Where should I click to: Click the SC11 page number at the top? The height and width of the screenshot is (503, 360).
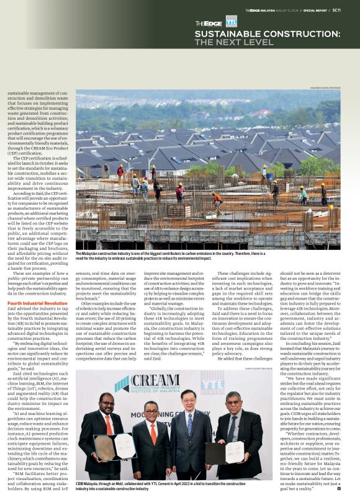(x=353, y=10)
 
